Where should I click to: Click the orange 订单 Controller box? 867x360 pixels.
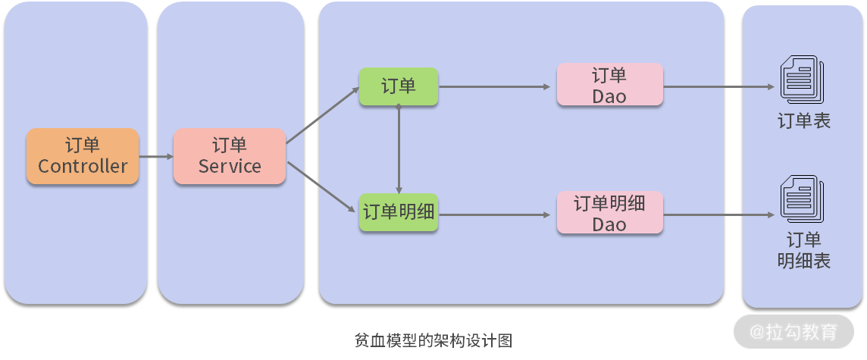(83, 156)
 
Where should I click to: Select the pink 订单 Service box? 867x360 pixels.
(229, 156)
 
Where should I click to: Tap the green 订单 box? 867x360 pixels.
(399, 86)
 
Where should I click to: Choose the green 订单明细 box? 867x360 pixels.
(399, 212)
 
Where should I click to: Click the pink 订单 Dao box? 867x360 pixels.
(609, 85)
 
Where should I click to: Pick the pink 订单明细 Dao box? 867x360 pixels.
(609, 213)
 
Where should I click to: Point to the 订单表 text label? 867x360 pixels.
(803, 121)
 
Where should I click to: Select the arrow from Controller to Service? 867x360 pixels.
(156, 157)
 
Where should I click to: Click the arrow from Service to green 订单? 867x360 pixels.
(321, 115)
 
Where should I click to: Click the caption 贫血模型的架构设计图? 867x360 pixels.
(434, 341)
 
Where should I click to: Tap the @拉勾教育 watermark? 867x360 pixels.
(793, 332)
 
